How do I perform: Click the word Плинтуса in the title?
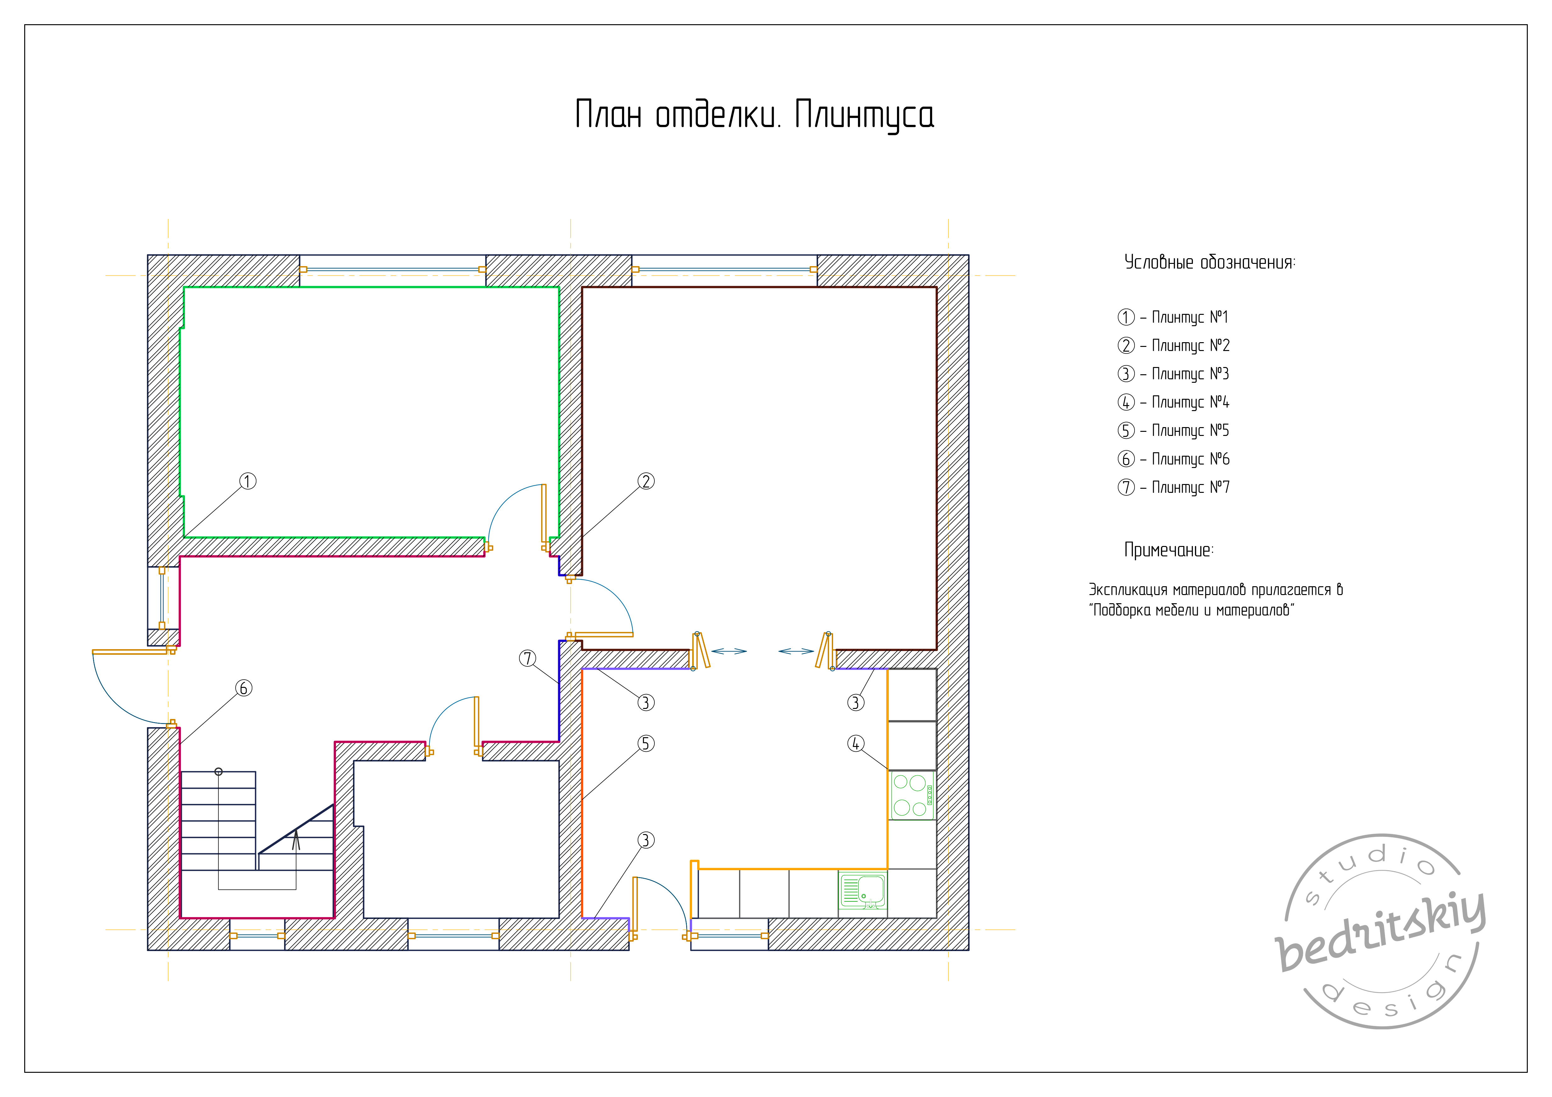(865, 115)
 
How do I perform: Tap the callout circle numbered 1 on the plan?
(248, 481)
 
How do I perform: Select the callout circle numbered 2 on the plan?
(646, 481)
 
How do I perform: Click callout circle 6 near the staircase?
(244, 688)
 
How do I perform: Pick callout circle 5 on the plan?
(646, 743)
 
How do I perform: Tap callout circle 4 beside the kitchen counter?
(856, 743)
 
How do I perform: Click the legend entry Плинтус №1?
(1191, 317)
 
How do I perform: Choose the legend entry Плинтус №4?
(1191, 402)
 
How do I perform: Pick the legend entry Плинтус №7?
(1191, 487)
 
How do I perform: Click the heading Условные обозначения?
(1209, 262)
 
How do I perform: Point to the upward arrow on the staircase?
(295, 840)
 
